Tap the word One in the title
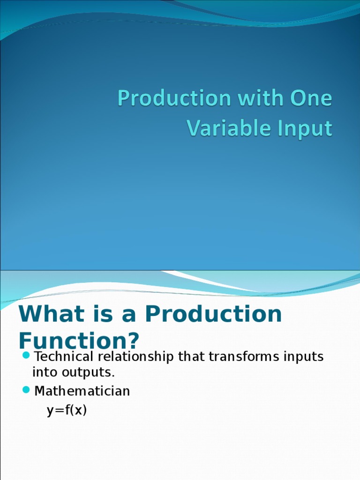click(x=311, y=99)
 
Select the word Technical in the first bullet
click(x=64, y=357)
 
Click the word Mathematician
click(x=82, y=391)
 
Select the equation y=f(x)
click(x=67, y=411)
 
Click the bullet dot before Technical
click(x=26, y=355)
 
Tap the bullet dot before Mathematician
click(x=26, y=390)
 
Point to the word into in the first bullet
click(x=43, y=373)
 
